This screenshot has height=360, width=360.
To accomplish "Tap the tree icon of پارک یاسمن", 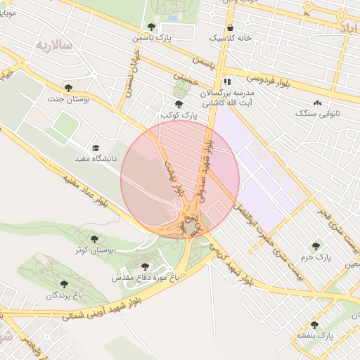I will pos(151,27).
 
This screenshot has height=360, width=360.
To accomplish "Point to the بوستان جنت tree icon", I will pos(68,88).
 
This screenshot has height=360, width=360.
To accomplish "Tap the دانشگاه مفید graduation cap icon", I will pos(96,148).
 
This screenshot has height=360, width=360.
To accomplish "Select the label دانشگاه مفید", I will pos(95,159).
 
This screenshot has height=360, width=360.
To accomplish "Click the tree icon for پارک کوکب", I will pos(178,105).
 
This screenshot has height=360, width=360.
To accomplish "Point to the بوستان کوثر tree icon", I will pos(94,239).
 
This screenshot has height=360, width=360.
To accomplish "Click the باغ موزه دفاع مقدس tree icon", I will pos(146,266).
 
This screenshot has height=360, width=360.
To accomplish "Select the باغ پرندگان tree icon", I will pos(64,284).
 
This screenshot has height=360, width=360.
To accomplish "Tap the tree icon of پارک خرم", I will pos(315,246).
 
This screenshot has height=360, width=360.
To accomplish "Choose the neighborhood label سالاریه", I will pos(54,46).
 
